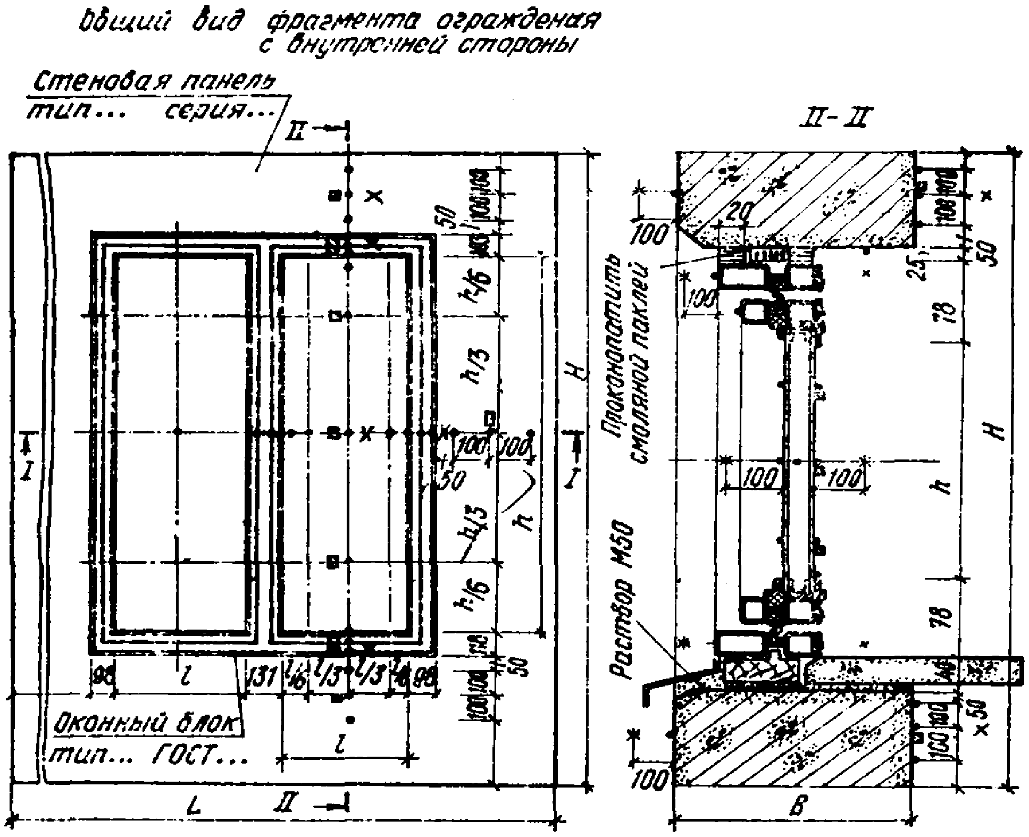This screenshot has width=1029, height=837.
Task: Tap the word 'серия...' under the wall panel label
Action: pyautogui.click(x=221, y=112)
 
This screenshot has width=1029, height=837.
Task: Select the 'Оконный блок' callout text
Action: pyautogui.click(x=145, y=724)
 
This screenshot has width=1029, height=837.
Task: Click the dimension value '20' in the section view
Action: pyautogui.click(x=740, y=213)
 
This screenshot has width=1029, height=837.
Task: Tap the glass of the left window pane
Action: pyautogui.click(x=181, y=372)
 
